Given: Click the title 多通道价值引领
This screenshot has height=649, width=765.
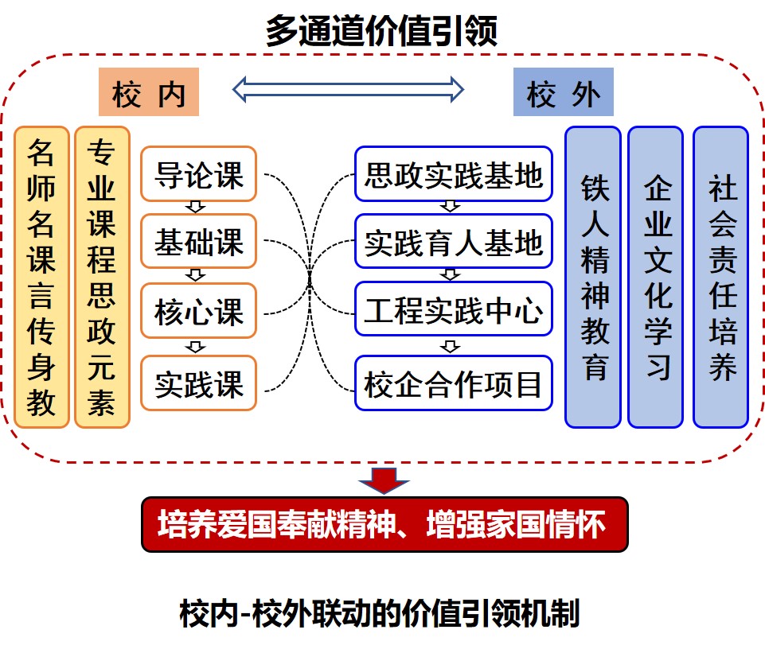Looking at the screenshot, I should pos(382,32).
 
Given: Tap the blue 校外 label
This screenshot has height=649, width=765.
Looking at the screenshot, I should pos(563,94).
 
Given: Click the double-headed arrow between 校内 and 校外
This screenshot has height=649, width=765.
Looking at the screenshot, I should pos(348,88).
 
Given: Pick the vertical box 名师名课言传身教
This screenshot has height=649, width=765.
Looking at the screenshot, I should pos(41,277).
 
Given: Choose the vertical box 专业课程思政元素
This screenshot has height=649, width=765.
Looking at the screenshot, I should pos(102,277).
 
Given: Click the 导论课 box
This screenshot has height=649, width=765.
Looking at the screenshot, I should pos(199,174).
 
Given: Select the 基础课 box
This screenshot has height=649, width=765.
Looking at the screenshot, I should pos(199,242).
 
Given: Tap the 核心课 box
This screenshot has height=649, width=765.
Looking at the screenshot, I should pos(199,311).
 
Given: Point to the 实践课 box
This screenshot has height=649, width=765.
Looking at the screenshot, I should pos(199,383).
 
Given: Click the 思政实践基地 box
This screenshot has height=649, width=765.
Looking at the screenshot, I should pos(454,174).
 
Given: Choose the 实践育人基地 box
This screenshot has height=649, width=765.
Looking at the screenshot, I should pos(454,242).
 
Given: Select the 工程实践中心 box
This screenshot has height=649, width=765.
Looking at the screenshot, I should pos(454,309).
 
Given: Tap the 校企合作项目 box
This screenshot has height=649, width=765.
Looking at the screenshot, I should pos(454,384).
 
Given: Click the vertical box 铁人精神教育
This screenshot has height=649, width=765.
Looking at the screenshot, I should pos(593,277).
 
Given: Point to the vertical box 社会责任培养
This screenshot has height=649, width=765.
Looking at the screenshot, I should pos(720,277).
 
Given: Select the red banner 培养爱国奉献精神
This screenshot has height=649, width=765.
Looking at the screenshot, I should pos(384,524).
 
